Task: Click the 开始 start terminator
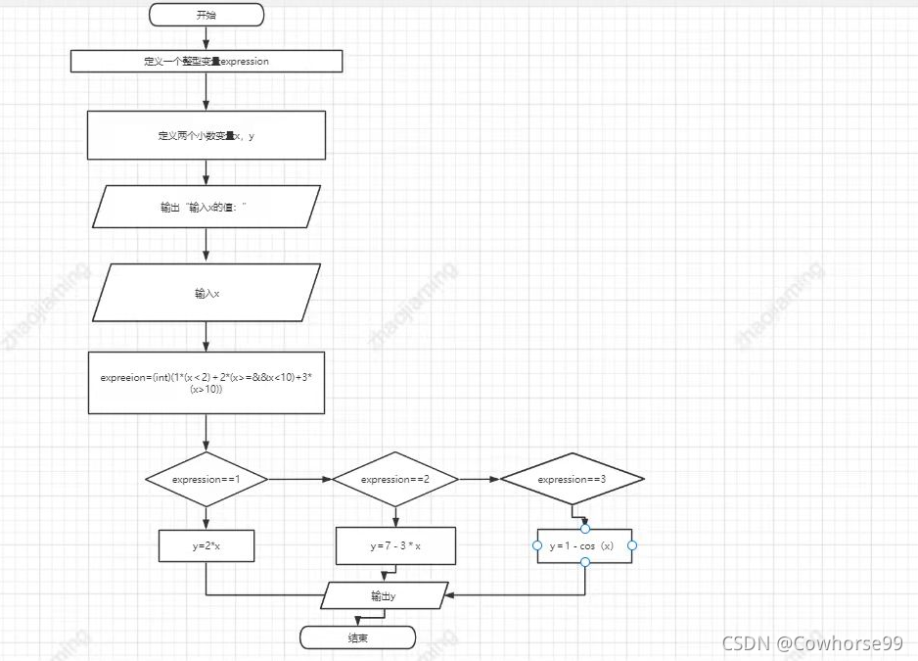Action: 207,15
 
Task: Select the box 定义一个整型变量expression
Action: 207,61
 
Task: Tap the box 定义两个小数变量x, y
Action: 207,135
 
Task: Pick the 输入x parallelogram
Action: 207,293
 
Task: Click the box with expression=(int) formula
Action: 207,383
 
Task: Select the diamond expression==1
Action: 207,479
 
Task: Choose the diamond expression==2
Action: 395,479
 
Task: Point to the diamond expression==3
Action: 573,479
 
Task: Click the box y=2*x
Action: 207,546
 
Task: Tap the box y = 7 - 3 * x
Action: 395,546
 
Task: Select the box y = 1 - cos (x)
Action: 584,545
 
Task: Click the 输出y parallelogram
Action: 385,594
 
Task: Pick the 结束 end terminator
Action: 357,638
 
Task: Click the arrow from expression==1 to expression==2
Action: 299,480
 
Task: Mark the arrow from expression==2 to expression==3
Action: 480,480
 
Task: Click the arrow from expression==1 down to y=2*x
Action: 207,518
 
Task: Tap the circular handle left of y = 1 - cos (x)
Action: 537,545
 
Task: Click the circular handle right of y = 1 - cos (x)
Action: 632,545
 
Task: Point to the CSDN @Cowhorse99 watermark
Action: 811,642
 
